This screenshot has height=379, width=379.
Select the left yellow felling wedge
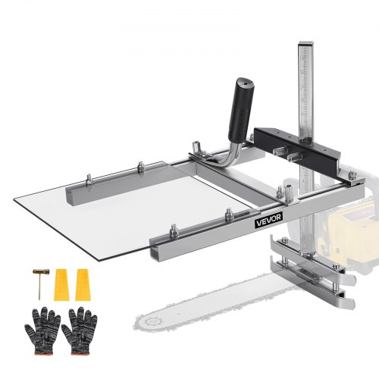61,282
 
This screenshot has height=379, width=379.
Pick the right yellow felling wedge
79,282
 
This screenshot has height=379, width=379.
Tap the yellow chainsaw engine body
356,212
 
